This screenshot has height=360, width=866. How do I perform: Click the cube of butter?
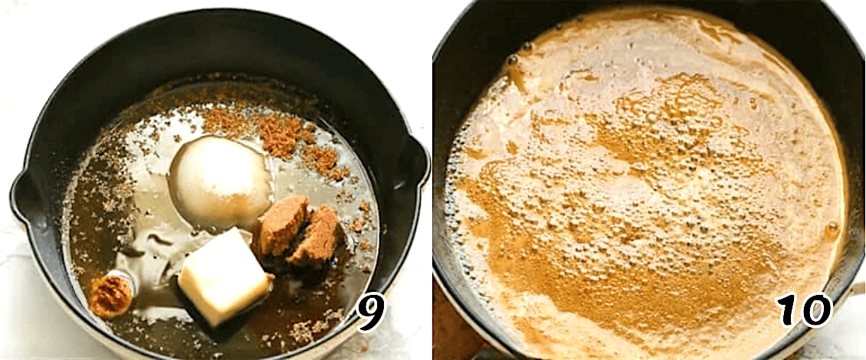(225, 276)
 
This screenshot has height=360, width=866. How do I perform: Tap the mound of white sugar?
(221, 182)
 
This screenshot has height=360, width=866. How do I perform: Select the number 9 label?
(370, 312)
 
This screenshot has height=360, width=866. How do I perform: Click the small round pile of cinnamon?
(111, 296)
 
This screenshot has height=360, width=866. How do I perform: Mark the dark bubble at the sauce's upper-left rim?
(512, 60)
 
